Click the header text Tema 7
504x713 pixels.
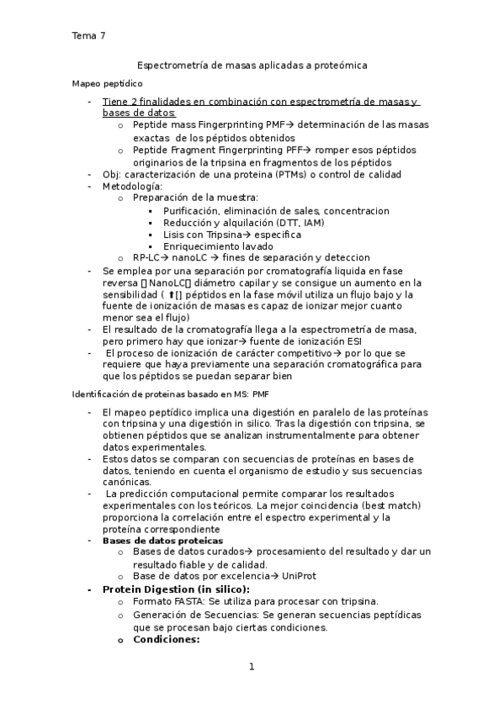pyautogui.click(x=88, y=35)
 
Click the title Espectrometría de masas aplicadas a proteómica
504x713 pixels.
pyautogui.click(x=252, y=65)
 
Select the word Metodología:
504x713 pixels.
pyautogui.click(x=133, y=186)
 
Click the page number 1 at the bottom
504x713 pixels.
pyautogui.click(x=252, y=668)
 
